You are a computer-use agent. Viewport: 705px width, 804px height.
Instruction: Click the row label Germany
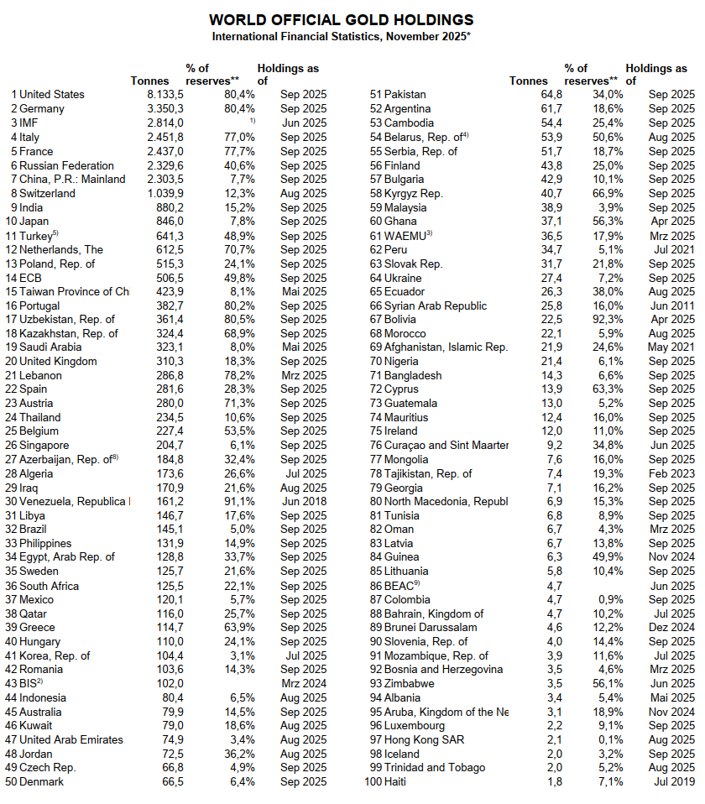pyautogui.click(x=41, y=109)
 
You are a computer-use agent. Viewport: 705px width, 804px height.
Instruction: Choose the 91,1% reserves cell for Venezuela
pyautogui.click(x=238, y=502)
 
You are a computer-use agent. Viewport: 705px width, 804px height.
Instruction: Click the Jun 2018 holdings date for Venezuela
pyautogui.click(x=304, y=502)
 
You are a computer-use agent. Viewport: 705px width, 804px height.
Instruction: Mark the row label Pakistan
pyautogui.click(x=405, y=95)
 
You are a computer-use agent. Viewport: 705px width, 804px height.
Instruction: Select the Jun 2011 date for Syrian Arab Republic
pyautogui.click(x=671, y=305)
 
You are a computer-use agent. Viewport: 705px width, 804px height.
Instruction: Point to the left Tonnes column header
pyautogui.click(x=150, y=81)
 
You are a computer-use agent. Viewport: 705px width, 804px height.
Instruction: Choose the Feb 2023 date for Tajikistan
pyautogui.click(x=671, y=473)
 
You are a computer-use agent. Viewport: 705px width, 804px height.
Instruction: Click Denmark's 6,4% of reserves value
pyautogui.click(x=239, y=782)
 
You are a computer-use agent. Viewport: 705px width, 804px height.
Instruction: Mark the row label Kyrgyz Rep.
pyautogui.click(x=414, y=193)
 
